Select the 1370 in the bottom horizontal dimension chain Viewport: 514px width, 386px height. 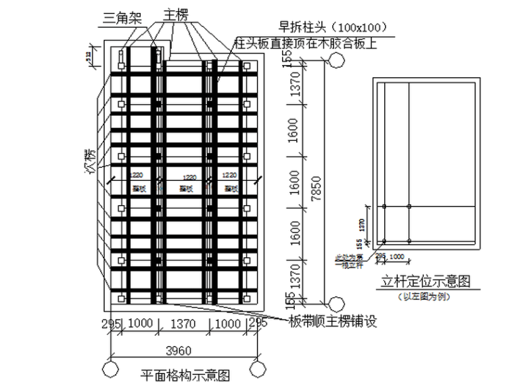click(x=183, y=324)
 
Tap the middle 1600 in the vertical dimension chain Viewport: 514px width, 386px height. click(x=293, y=182)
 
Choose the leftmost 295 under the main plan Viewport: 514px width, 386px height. click(x=112, y=324)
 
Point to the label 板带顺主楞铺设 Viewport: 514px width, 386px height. click(x=332, y=320)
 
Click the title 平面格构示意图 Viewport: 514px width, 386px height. click(x=185, y=374)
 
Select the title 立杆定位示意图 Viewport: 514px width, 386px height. click(x=426, y=280)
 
